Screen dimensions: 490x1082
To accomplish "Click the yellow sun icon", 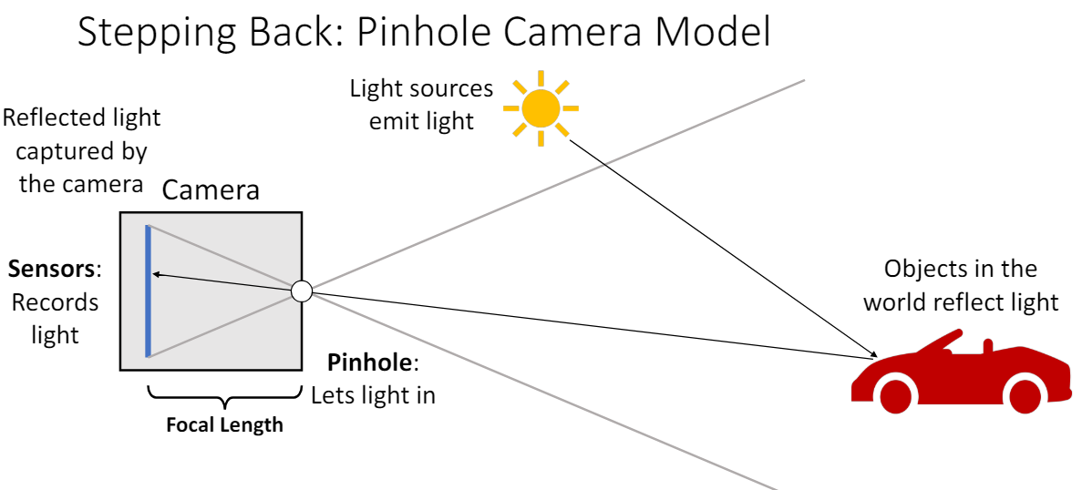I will pyautogui.click(x=541, y=108).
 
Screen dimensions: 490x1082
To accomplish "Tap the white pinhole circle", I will pyautogui.click(x=301, y=291).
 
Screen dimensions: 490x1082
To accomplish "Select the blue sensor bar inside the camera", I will pyautogui.click(x=148, y=291).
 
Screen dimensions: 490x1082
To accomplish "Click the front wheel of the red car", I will pyautogui.click(x=895, y=393).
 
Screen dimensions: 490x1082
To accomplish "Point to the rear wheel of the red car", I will pyautogui.click(x=1025, y=393).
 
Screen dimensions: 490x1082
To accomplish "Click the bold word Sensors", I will pyautogui.click(x=51, y=270).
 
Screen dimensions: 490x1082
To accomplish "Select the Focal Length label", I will pyautogui.click(x=224, y=425).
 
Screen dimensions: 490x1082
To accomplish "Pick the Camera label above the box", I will pyautogui.click(x=211, y=190).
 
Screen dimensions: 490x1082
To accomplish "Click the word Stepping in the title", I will pyautogui.click(x=138, y=34).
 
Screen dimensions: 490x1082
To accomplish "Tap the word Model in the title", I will pyautogui.click(x=721, y=32).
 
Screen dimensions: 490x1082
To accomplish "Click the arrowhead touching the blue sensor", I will pyautogui.click(x=156, y=272).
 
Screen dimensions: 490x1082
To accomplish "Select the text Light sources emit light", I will pyautogui.click(x=421, y=104).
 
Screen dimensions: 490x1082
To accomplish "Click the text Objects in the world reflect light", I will pyautogui.click(x=961, y=285).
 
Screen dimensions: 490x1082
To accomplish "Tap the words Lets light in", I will pyautogui.click(x=373, y=395).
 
